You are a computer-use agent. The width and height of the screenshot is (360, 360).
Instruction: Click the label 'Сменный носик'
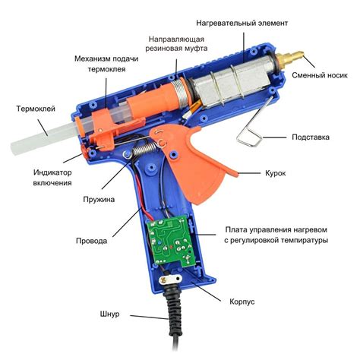[320, 75]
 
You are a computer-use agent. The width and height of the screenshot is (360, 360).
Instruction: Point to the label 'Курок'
[276, 173]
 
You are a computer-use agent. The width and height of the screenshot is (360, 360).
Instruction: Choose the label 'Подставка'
[311, 137]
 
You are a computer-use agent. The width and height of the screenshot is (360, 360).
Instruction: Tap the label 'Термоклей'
[36, 109]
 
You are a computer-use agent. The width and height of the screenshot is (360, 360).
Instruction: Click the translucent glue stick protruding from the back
[44, 138]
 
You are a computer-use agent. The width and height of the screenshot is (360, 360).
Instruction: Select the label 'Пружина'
[99, 199]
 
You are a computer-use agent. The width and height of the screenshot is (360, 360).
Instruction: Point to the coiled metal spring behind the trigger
[144, 149]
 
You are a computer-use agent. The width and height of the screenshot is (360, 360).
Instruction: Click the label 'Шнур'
[109, 314]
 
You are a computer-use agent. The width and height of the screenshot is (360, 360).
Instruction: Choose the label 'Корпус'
[242, 302]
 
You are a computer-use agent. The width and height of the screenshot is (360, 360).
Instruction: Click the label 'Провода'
[91, 241]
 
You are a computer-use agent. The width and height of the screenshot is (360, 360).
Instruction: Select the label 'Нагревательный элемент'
[242, 23]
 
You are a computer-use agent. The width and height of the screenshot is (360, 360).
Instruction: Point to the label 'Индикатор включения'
[52, 178]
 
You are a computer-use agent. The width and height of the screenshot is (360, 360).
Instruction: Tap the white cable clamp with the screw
[170, 279]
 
